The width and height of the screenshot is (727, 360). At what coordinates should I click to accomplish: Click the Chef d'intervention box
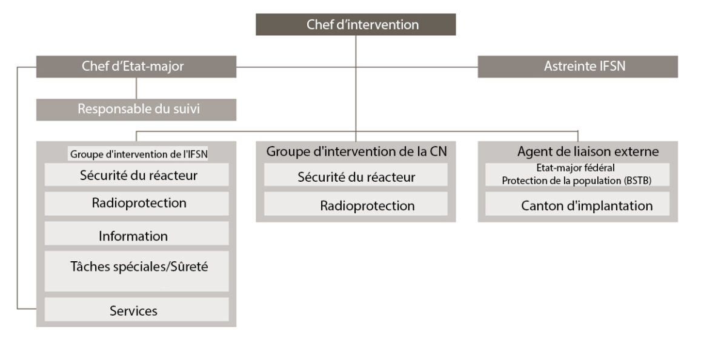coord(355,25)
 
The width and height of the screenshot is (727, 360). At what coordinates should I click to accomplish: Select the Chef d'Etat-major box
coord(136,67)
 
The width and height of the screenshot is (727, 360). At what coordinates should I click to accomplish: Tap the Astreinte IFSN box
coord(577,67)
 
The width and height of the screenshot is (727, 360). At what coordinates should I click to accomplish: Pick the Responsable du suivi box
coord(136,110)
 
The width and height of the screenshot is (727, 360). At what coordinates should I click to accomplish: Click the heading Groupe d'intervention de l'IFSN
coord(139,154)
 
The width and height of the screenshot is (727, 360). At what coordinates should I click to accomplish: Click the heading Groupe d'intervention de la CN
coord(356,152)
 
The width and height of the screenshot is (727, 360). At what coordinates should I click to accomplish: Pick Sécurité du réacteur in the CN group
coord(356,176)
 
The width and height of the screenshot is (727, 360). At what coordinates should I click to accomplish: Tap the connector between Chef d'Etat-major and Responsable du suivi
coord(136,88)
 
